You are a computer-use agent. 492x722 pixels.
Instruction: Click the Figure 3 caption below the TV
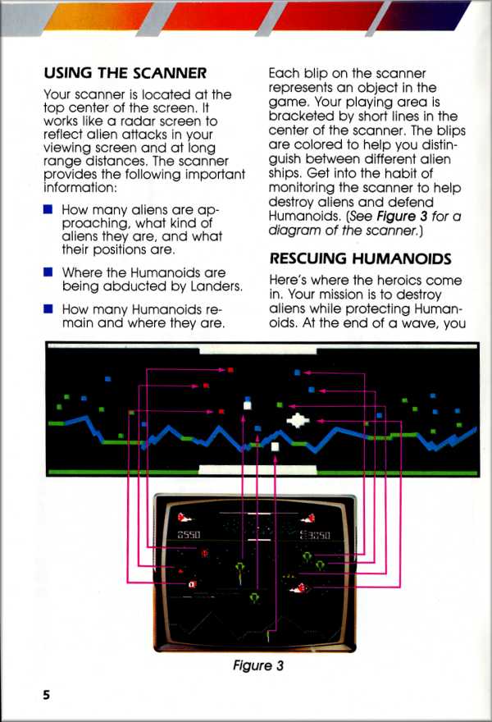click(x=257, y=665)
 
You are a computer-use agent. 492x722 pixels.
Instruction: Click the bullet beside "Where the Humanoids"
click(x=48, y=272)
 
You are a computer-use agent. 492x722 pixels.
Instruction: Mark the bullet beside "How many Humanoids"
click(x=48, y=309)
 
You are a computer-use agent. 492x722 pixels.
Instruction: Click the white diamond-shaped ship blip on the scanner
click(x=297, y=420)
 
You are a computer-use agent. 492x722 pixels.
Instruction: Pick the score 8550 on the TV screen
click(x=190, y=535)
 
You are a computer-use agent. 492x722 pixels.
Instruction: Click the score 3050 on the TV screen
click(x=316, y=535)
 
